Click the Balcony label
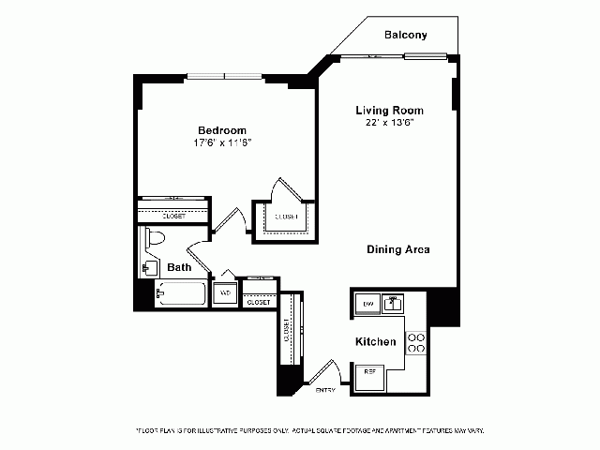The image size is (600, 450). pos(406,36)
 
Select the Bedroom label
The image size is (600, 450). pos(222,130)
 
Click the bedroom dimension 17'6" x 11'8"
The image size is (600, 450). pos(223,142)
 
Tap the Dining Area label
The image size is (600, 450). pos(397,249)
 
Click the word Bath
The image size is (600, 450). pos(179,268)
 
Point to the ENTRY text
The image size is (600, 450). pos(325,389)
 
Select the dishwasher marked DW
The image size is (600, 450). pos(368,305)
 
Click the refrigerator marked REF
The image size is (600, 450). pos(369,372)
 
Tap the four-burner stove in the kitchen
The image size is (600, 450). pos(416,343)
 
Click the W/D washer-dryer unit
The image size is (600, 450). pos(224,293)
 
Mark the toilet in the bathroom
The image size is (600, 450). pos(155,240)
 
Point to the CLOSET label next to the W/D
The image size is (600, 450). pos(257,302)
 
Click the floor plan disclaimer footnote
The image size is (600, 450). pos(309,430)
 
